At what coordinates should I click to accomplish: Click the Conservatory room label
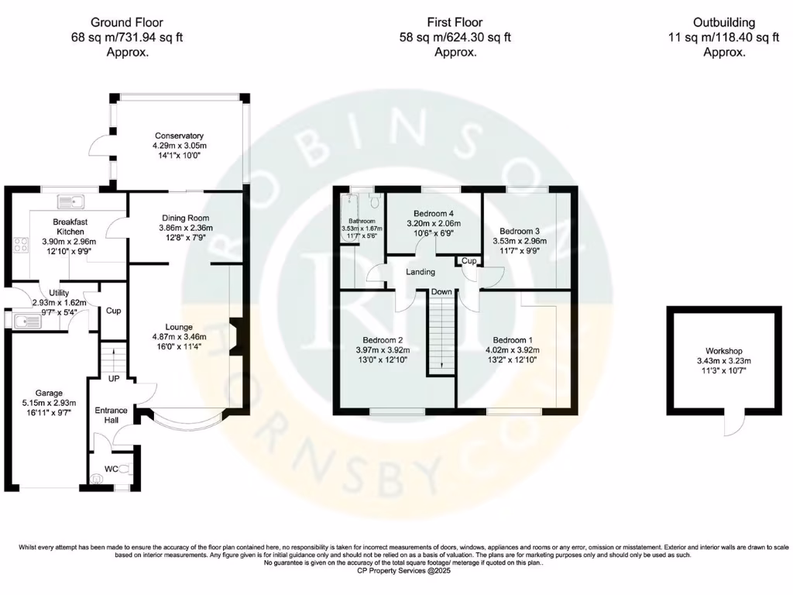pos(179,136)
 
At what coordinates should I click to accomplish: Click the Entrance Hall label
pos(110,415)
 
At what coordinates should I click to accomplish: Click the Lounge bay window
pos(184,419)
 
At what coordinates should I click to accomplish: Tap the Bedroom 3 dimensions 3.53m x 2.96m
pos(520,241)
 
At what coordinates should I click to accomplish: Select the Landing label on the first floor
pos(421,272)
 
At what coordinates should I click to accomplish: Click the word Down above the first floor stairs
pos(442,292)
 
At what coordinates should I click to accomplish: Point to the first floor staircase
pos(441,333)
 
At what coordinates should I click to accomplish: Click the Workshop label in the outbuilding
pos(723,351)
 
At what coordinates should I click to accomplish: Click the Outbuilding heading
pos(723,22)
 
